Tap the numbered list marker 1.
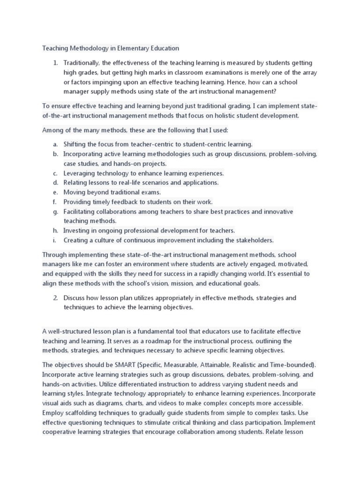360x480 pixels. pyautogui.click(x=55, y=62)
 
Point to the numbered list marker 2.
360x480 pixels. pyautogui.click(x=55, y=298)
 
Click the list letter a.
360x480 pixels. pyautogui.click(x=55, y=144)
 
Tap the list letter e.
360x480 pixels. pyautogui.click(x=55, y=192)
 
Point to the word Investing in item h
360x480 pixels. pyautogui.click(x=77, y=231)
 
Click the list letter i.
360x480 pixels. pyautogui.click(x=54, y=240)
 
